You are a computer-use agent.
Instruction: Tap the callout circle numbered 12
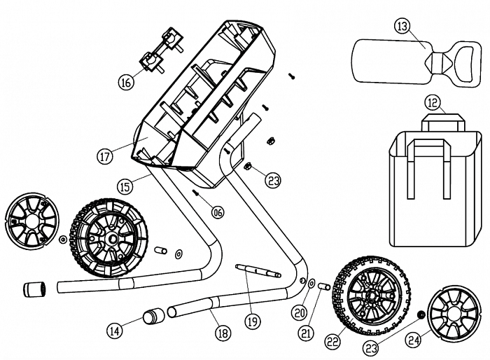click(x=433, y=103)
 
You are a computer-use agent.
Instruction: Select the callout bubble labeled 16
click(x=125, y=83)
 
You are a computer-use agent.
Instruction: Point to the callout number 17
click(x=105, y=156)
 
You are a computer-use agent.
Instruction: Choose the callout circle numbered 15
click(x=125, y=187)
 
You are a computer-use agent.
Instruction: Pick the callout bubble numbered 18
click(x=223, y=333)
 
